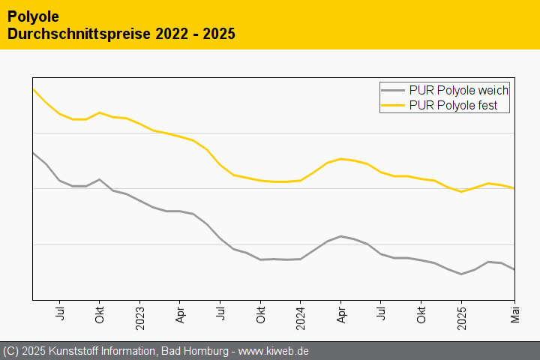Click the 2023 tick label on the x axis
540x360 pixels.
pos(140,316)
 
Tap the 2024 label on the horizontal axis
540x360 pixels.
pos(301,316)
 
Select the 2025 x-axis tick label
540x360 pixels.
pos(461,316)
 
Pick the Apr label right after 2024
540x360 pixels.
pos(341,313)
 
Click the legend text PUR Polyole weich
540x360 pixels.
pos(459,90)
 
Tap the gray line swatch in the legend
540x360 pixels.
pos(394,90)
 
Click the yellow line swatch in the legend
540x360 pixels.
pos(394,106)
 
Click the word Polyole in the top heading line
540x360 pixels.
pos(33,16)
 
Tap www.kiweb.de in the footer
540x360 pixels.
pos(274,351)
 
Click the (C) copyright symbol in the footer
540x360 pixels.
pos(11,351)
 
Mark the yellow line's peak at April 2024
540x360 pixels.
pos(341,159)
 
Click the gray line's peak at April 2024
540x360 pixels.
pos(341,236)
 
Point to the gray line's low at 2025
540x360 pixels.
pos(461,274)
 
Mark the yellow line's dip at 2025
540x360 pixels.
pos(461,192)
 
